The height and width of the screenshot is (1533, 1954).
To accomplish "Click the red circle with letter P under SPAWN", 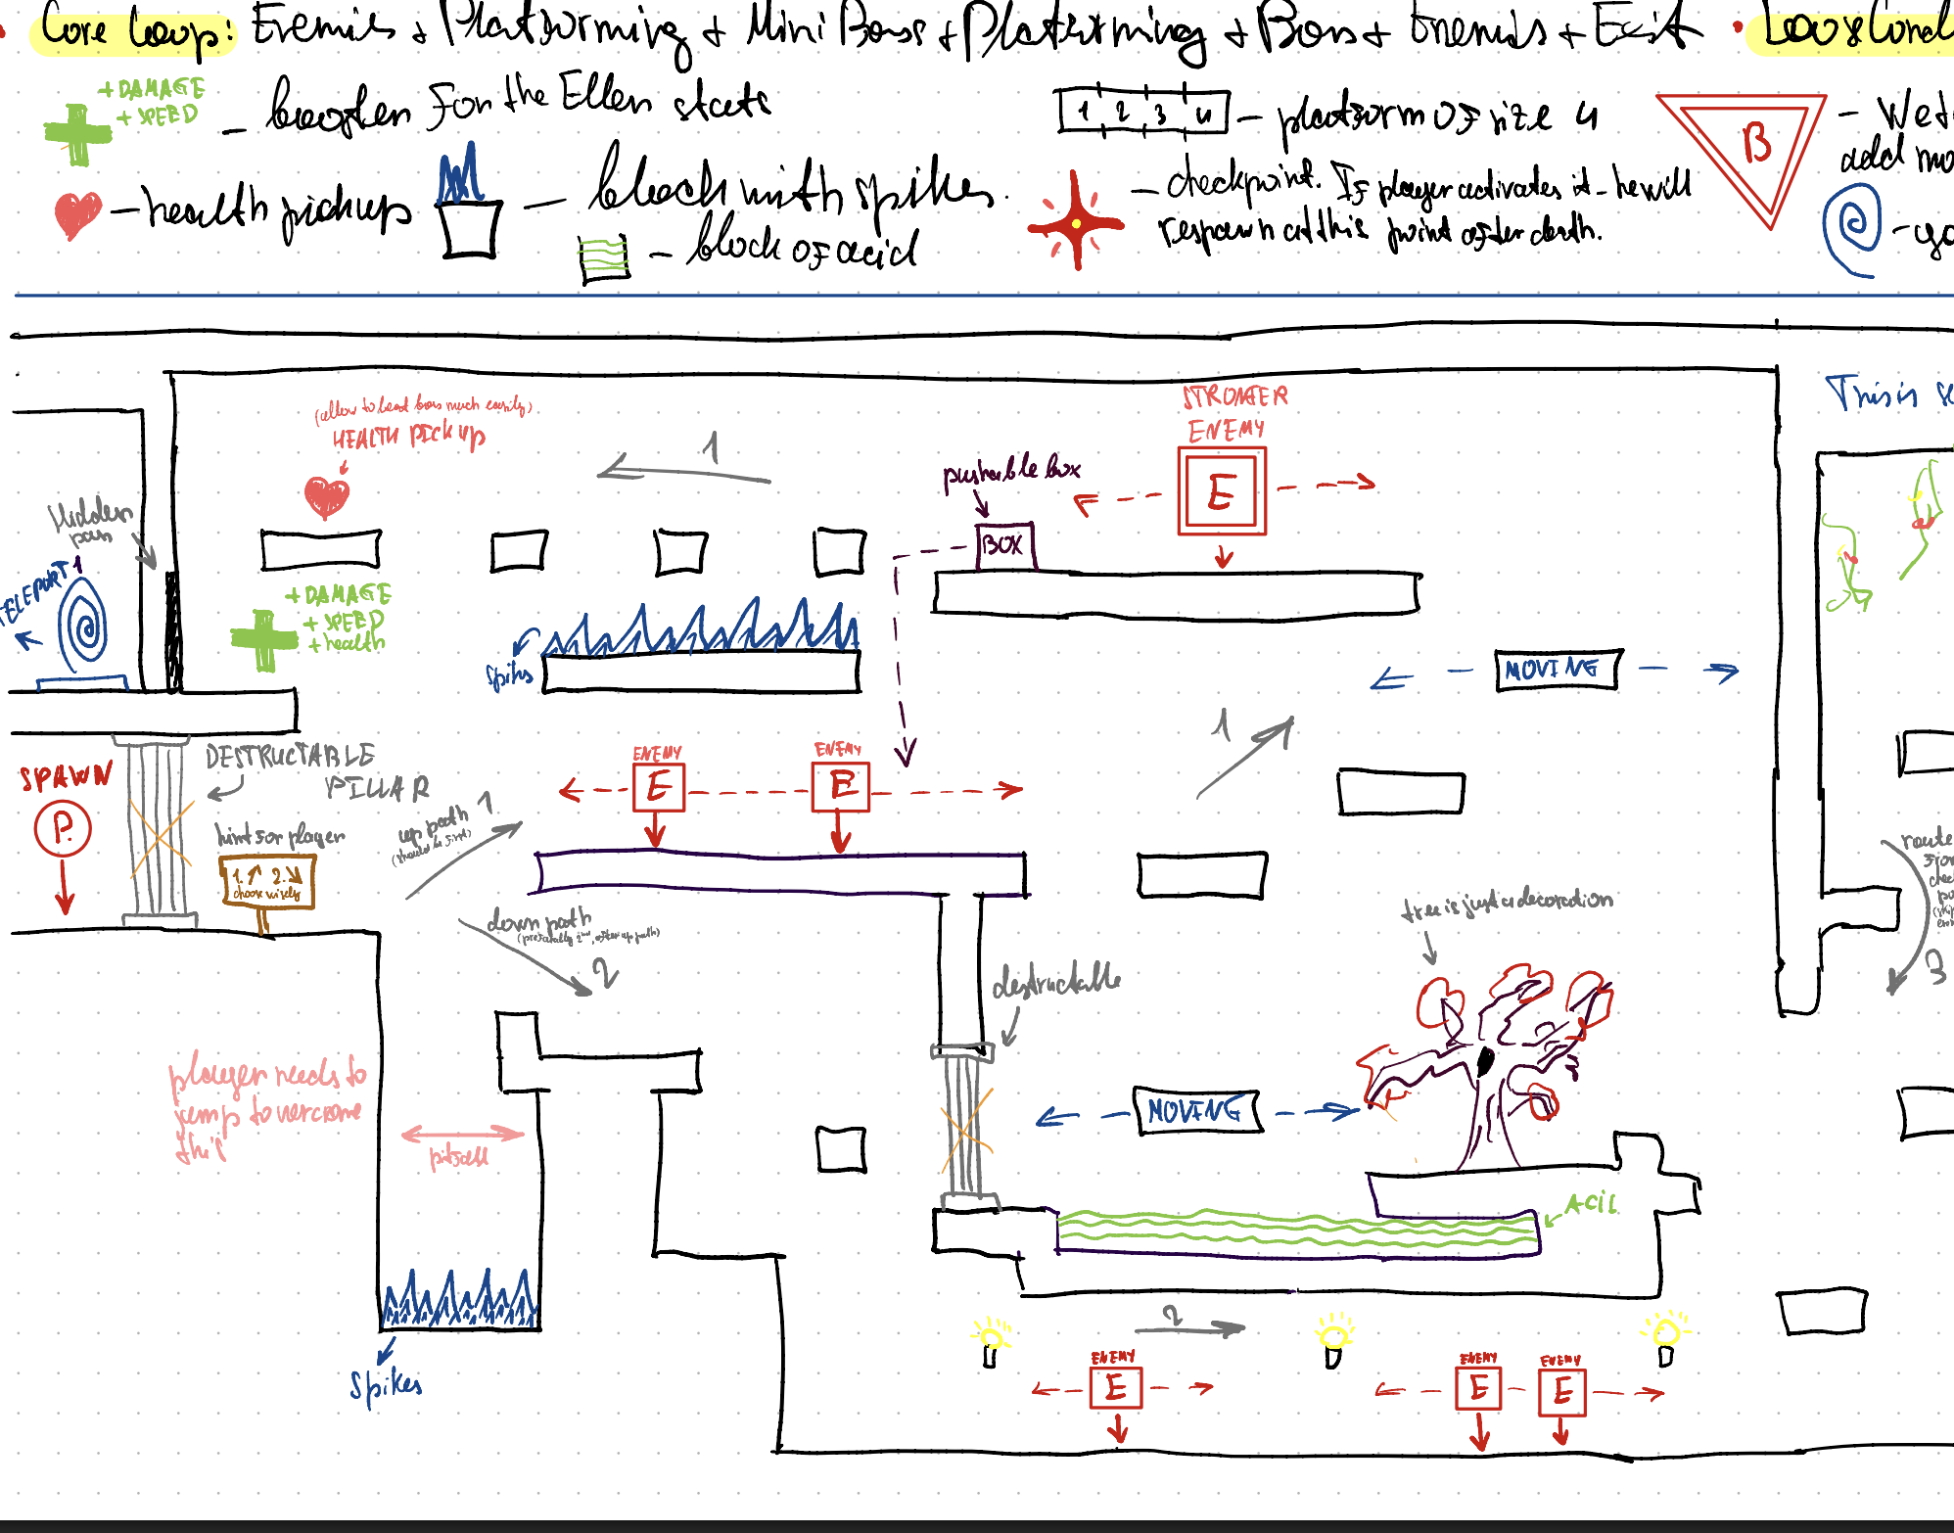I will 63,829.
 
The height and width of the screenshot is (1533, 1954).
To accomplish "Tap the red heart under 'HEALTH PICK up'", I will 327,496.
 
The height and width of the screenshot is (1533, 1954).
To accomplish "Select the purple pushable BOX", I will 1004,545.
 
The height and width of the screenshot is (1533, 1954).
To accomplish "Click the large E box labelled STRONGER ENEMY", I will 1222,491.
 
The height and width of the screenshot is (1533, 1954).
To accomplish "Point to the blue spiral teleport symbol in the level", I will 84,623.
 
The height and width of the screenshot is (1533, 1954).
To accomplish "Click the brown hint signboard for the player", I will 267,882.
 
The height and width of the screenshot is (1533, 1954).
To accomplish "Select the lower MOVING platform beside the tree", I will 1197,1111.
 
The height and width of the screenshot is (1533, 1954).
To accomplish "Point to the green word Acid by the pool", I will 1591,1203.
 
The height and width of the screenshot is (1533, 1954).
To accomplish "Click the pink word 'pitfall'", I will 458,1157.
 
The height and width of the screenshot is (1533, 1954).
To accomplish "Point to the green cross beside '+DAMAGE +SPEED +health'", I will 263,639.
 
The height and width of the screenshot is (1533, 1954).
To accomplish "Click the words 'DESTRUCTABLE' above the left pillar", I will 290,755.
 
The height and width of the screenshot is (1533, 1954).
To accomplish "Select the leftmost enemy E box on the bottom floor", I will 1116,1388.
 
